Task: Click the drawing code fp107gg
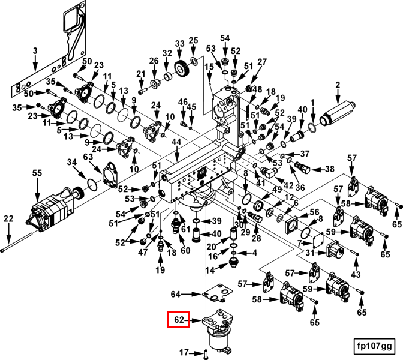tap(374, 346)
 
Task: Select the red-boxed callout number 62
tap(178, 320)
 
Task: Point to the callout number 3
tap(35, 50)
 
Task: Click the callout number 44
tap(176, 142)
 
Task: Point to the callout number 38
tap(329, 169)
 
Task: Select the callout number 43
tap(356, 274)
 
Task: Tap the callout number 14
tap(210, 271)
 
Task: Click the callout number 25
tap(193, 41)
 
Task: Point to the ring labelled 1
tap(311, 128)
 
